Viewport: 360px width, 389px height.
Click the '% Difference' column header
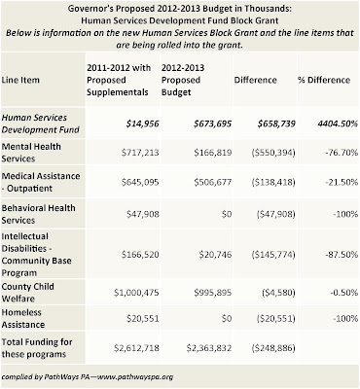[x=324, y=80]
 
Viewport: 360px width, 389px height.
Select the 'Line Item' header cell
[x=20, y=80]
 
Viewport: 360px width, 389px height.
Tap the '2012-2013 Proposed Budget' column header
[x=183, y=80]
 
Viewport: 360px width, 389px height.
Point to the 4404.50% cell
[x=336, y=124]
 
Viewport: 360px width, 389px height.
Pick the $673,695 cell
[x=213, y=124]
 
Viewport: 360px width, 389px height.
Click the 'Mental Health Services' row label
[x=31, y=153]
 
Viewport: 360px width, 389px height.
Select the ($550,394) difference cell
[x=273, y=153]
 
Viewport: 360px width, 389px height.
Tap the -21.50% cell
[x=342, y=182]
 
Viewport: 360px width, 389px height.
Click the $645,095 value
[x=140, y=182]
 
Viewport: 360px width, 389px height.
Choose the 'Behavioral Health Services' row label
[x=38, y=214]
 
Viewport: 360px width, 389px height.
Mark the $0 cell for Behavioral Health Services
[x=227, y=214]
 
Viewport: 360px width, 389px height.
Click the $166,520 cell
[x=140, y=255]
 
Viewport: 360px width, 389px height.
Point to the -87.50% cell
[x=342, y=255]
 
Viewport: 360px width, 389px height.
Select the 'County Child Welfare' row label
[x=28, y=293]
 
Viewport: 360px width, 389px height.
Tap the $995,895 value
[x=213, y=293]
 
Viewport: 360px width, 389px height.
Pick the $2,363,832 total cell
[x=209, y=348]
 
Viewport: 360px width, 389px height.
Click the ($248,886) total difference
[x=273, y=348]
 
